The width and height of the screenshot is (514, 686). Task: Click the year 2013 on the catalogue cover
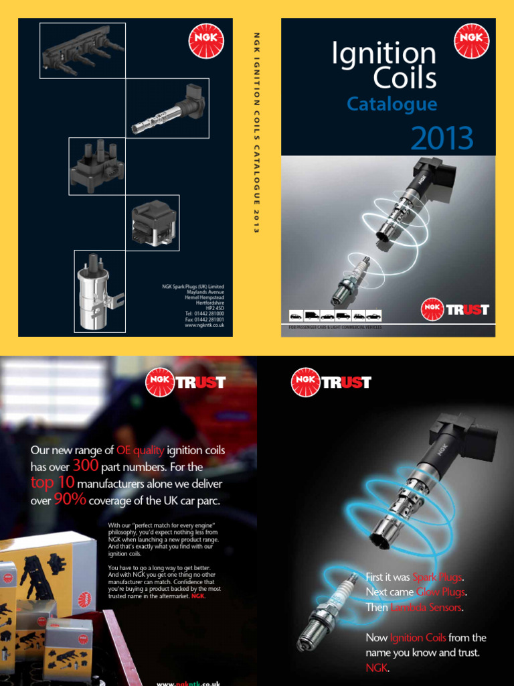pos(442,139)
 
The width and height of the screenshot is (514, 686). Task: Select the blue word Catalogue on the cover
pos(392,105)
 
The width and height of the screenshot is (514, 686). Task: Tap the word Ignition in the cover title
pos(383,54)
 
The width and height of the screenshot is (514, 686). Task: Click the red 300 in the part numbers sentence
pos(85,466)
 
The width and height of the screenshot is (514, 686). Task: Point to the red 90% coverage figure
pos(70,500)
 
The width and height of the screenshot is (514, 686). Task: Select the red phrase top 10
pos(52,483)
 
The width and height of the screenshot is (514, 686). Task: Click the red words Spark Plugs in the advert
pos(437,577)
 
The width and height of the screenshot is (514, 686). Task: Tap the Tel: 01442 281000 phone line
pos(195,314)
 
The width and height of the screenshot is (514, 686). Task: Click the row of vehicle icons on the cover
pos(335,316)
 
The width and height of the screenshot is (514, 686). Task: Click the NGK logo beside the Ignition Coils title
pos(472,40)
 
